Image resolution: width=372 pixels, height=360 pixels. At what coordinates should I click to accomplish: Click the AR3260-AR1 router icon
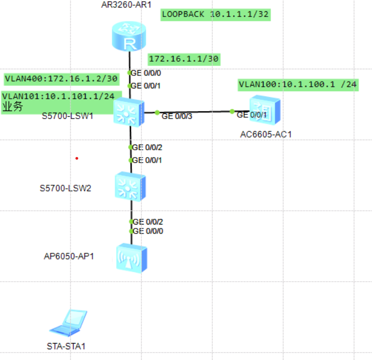pyautogui.click(x=129, y=36)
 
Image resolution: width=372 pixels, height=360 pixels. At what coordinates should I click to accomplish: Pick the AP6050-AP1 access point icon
pyautogui.click(x=131, y=258)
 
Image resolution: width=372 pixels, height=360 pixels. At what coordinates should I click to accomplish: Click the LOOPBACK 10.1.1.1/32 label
pyautogui.click(x=215, y=14)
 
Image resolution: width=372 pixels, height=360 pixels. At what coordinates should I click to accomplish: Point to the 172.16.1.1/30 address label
pyautogui.click(x=183, y=58)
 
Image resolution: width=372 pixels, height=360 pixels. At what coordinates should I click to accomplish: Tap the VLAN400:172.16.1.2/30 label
pyautogui.click(x=61, y=78)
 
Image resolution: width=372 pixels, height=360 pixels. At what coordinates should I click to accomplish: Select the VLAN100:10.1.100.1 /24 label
pyautogui.click(x=298, y=85)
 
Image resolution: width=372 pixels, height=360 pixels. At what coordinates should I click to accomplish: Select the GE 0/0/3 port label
pyautogui.click(x=177, y=116)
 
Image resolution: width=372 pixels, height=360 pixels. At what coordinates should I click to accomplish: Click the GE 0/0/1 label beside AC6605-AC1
pyautogui.click(x=251, y=115)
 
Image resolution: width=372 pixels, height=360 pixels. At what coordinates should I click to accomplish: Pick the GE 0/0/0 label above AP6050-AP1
pyautogui.click(x=147, y=231)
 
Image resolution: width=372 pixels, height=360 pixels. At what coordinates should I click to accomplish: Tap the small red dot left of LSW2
pyautogui.click(x=77, y=158)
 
